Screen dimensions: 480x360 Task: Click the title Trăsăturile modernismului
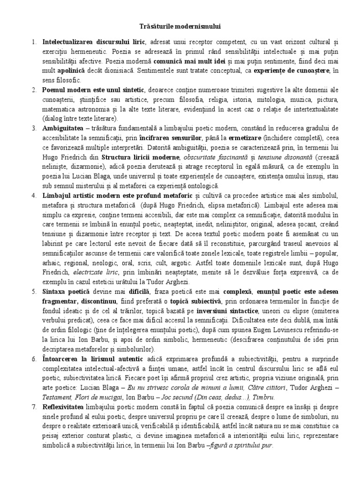[180, 27]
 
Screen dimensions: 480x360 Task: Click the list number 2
[33, 89]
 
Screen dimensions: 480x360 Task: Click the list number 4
[33, 195]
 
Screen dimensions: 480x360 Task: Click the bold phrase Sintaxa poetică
[63, 292]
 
